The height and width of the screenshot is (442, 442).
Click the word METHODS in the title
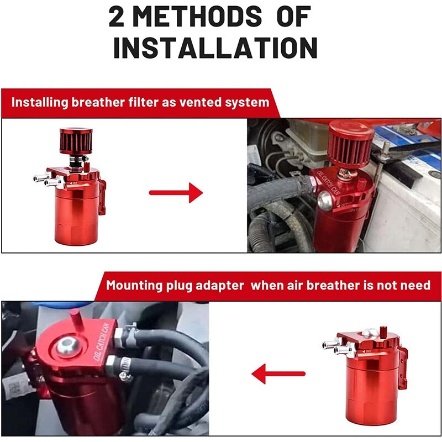tap(197, 17)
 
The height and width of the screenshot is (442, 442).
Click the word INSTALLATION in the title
tap(215, 48)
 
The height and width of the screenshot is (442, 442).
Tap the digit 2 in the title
tap(116, 17)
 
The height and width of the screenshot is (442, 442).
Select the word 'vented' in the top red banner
tap(201, 102)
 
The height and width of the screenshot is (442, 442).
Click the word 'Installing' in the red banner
tap(40, 102)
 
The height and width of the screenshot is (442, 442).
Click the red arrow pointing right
tap(176, 193)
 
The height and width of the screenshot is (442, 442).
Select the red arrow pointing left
tap(278, 374)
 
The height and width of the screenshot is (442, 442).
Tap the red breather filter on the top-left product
tap(76, 141)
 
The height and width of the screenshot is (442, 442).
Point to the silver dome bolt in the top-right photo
tap(325, 200)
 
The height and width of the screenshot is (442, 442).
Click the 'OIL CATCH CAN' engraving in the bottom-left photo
tap(102, 341)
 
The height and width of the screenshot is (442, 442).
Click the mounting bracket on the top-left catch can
tap(103, 197)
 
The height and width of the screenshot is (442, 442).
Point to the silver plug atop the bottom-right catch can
tap(369, 333)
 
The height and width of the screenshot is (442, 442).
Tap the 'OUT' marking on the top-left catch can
tap(74, 183)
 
